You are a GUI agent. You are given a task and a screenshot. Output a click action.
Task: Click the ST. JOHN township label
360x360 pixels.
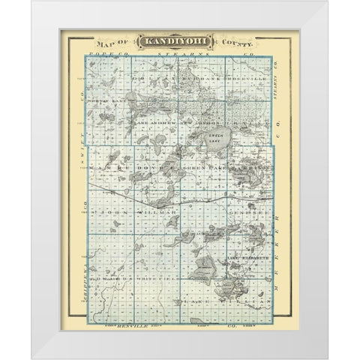pyautogui.click(x=112, y=213)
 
